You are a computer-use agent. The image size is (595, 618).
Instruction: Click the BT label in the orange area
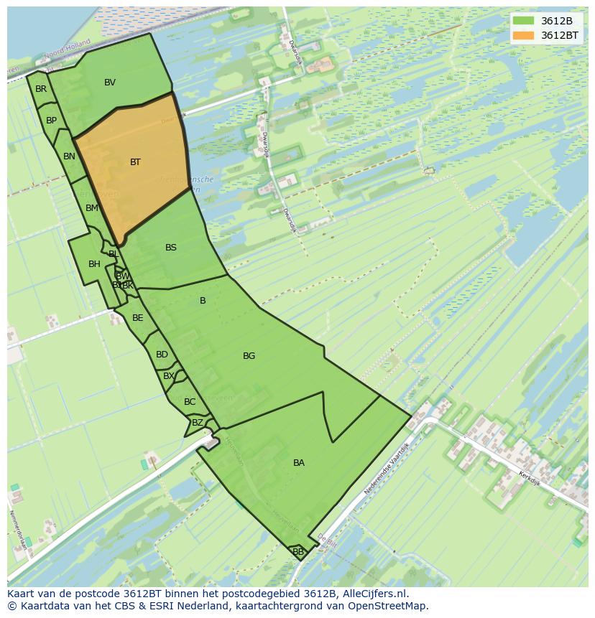tap(135, 162)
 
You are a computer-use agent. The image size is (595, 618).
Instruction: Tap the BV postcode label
tap(110, 83)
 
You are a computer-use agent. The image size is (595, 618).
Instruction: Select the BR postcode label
tap(41, 89)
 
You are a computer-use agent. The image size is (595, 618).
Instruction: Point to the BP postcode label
tap(51, 121)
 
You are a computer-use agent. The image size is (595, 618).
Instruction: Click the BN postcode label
tap(69, 156)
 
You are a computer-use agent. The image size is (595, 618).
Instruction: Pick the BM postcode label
tap(91, 208)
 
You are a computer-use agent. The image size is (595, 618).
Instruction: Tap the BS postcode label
tap(171, 248)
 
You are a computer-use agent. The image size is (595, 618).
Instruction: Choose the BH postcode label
tap(94, 264)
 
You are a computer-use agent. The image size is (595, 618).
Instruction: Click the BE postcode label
tap(138, 318)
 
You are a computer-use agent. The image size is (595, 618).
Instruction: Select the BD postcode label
tap(162, 355)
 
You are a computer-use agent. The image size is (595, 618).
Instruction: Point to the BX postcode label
tap(169, 376)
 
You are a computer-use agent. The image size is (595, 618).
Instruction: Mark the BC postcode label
tap(190, 402)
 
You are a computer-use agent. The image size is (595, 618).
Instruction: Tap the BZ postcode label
tap(197, 423)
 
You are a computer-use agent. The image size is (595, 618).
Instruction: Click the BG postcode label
tap(249, 356)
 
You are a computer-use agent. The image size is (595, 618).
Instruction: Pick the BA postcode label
tap(299, 463)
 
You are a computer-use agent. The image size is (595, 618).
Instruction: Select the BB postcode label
tap(297, 552)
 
